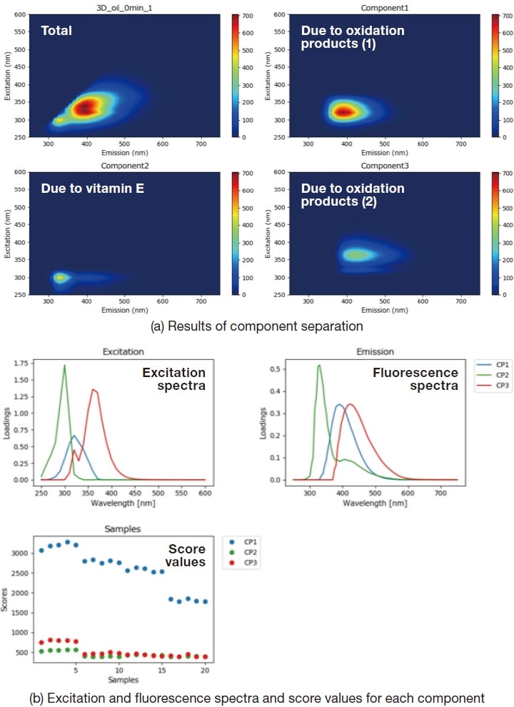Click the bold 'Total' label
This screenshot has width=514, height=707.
56,31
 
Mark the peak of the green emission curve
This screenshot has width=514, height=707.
319,366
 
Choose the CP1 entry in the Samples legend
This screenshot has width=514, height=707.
247,541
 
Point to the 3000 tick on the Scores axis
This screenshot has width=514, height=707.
19,553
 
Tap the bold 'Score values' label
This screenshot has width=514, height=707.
186,556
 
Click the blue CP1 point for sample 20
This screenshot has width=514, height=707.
205,601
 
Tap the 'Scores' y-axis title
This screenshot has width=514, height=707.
6,603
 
